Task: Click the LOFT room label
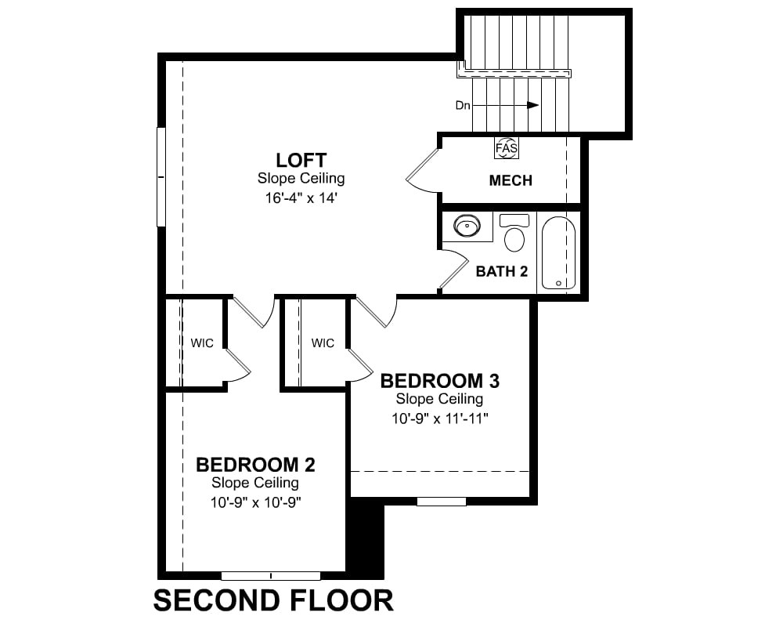pos(301,161)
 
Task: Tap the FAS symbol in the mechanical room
pos(507,148)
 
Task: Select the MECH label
pos(511,180)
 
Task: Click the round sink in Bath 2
pos(467,226)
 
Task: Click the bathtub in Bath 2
pos(558,252)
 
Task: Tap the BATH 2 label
pos(501,271)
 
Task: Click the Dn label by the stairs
pos(463,106)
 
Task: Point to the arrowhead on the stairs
pos(533,105)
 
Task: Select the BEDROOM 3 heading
pos(439,381)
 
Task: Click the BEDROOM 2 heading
pos(255,465)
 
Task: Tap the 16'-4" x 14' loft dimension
pos(301,198)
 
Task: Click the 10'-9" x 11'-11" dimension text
pos(439,419)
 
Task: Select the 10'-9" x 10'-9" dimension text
pos(255,502)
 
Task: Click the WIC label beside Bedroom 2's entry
pos(202,343)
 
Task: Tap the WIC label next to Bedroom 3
pos(323,343)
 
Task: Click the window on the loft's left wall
pos(161,177)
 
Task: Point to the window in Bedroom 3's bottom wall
pos(442,501)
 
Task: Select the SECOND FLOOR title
pos(273,600)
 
